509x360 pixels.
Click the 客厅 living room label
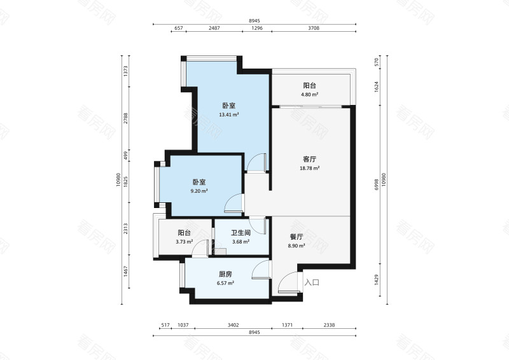pos(310,159)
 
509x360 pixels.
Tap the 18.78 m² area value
pos(310,169)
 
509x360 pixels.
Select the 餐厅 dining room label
pos(296,236)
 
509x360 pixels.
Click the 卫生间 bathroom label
pos(241,232)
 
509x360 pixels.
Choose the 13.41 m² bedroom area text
pos(228,115)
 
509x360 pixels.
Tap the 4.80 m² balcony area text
pos(310,95)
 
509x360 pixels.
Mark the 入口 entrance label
pos(311,282)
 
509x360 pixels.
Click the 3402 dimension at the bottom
pos(233,325)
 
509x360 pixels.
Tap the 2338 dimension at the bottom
pos(328,325)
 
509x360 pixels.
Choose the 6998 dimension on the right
pos(377,184)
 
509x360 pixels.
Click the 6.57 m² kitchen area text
pos(226,283)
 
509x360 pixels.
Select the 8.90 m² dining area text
pos(296,246)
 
